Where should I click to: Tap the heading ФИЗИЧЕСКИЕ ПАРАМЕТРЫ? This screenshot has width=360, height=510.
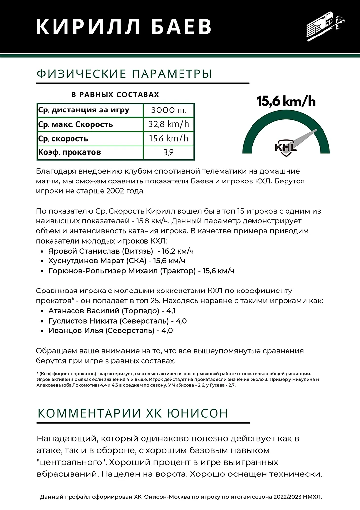point(124,74)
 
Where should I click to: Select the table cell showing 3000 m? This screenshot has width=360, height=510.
point(169,110)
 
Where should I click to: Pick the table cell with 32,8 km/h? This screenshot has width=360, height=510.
point(169,124)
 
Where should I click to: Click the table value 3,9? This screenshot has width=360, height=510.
point(169,152)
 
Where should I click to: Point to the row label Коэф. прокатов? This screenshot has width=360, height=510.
point(70,152)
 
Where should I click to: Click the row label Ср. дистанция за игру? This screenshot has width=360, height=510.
point(84,110)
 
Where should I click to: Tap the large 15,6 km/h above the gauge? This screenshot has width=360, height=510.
point(286,101)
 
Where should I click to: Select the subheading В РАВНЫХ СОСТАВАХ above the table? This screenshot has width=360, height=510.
point(115,94)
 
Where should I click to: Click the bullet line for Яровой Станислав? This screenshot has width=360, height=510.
point(121,251)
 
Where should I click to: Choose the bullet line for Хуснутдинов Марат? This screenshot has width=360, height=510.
point(117,261)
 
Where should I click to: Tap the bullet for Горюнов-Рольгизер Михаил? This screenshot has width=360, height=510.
point(141,271)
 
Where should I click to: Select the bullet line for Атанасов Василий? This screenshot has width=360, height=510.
point(111,311)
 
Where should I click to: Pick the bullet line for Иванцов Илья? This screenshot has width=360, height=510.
point(110,330)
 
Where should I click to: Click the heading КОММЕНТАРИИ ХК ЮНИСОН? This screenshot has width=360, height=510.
point(133,413)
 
